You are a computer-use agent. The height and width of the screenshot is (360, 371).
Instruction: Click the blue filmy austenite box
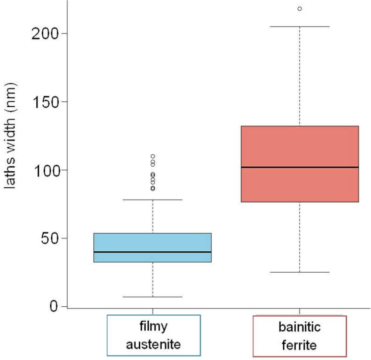pyautogui.click(x=152, y=243)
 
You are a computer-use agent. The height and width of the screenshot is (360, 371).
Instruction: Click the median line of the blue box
pyautogui.click(x=152, y=252)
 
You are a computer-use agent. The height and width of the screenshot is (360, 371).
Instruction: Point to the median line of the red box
pyautogui.click(x=299, y=167)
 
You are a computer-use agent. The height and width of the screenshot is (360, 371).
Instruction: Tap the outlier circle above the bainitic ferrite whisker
pyautogui.click(x=299, y=9)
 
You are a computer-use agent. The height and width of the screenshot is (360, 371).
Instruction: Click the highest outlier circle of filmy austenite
pyautogui.click(x=153, y=156)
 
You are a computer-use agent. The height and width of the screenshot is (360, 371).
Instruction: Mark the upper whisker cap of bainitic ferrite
pyautogui.click(x=299, y=27)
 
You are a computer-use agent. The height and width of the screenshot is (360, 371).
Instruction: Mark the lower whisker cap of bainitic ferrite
pyautogui.click(x=299, y=272)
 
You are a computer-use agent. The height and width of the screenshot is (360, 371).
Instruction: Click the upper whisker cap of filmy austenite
pyautogui.click(x=152, y=200)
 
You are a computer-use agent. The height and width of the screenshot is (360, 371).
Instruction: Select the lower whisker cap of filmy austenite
pyautogui.click(x=152, y=297)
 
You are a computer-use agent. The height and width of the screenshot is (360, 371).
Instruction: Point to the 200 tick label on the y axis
pyautogui.click(x=45, y=33)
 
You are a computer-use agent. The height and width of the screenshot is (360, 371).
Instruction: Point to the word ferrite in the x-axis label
pyautogui.click(x=299, y=345)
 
